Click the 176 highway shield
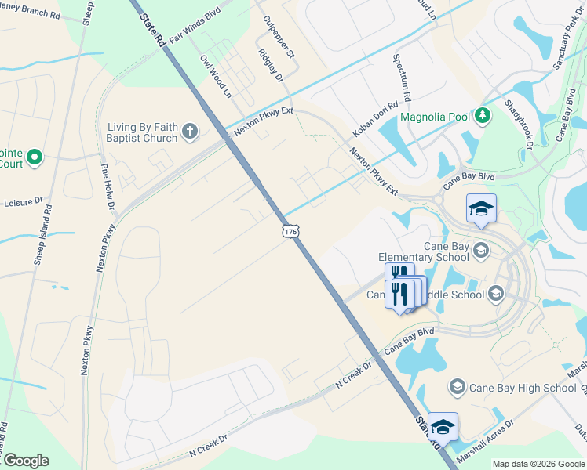[290, 232]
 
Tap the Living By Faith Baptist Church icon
[190, 132]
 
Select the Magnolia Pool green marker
[484, 117]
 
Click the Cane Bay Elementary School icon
[481, 251]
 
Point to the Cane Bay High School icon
[457, 387]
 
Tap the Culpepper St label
[279, 38]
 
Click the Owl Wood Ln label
[217, 76]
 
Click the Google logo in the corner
[25, 461]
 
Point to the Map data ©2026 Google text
[538, 464]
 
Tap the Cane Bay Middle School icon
[495, 294]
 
